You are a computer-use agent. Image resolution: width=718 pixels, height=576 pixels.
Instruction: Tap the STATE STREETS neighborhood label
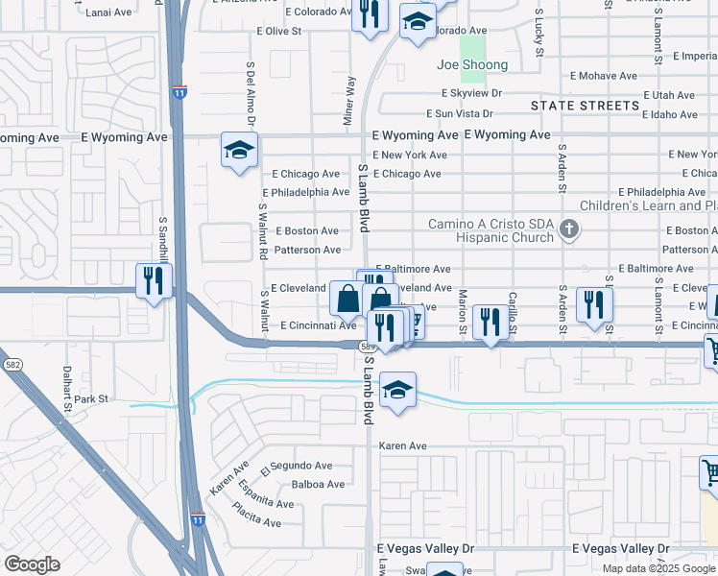click(584, 105)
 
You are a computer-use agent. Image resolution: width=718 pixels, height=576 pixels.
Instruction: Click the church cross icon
click(569, 228)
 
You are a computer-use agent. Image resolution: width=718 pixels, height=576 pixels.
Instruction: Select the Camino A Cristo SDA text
click(491, 224)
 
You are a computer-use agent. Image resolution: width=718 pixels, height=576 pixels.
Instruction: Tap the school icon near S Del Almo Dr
click(239, 151)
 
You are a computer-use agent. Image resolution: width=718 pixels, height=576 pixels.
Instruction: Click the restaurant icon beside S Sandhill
click(154, 280)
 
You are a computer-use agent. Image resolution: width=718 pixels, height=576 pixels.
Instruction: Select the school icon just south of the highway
click(397, 391)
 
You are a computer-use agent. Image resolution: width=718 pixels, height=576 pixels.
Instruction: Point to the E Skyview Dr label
click(471, 93)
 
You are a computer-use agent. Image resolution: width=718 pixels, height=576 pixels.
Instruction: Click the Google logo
click(32, 564)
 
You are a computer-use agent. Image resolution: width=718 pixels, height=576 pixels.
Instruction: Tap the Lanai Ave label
click(108, 12)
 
